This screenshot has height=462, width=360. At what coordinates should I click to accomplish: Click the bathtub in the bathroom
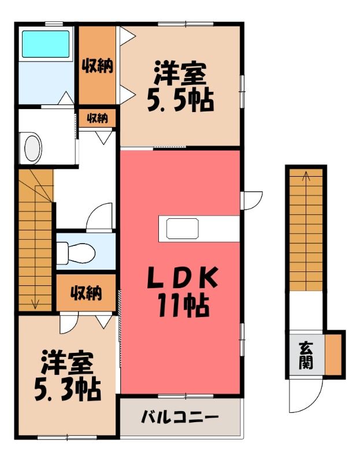tap(46, 44)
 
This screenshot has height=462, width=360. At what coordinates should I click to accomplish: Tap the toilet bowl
tap(76, 253)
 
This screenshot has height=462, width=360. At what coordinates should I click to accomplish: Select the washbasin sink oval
tap(32, 148)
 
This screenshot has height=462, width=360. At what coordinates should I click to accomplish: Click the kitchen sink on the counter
tap(182, 229)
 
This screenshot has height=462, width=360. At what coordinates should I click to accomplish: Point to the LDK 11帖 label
tap(183, 292)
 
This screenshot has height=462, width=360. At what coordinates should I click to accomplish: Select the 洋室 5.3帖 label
tap(68, 376)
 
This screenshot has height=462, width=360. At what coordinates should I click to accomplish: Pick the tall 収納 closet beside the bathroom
tap(97, 65)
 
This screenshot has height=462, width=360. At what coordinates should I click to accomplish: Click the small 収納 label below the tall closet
tap(97, 118)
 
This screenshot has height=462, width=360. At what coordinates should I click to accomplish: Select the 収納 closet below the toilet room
tap(86, 293)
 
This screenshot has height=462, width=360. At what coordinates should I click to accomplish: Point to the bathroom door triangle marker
tap(66, 98)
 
